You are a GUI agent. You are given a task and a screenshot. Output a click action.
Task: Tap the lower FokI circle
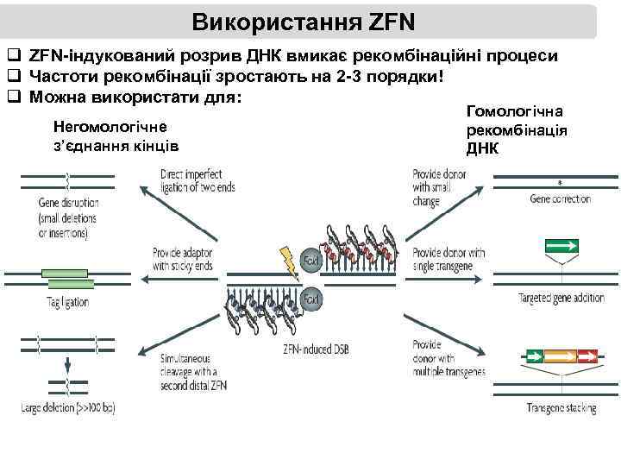[x=311, y=299]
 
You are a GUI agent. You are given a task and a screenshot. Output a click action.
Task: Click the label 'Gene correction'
[x=560, y=199]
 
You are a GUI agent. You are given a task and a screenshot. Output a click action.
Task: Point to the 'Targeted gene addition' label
[x=561, y=299]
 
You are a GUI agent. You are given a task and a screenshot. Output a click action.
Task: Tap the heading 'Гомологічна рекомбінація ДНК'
[x=516, y=129]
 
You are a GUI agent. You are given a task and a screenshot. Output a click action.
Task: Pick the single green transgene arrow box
[x=561, y=246]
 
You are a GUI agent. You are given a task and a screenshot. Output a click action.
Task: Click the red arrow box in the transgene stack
[x=587, y=355]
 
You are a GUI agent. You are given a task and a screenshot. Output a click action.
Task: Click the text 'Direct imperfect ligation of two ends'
[x=198, y=180]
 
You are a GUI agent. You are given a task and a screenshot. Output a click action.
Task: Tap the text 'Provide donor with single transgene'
[x=448, y=259]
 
